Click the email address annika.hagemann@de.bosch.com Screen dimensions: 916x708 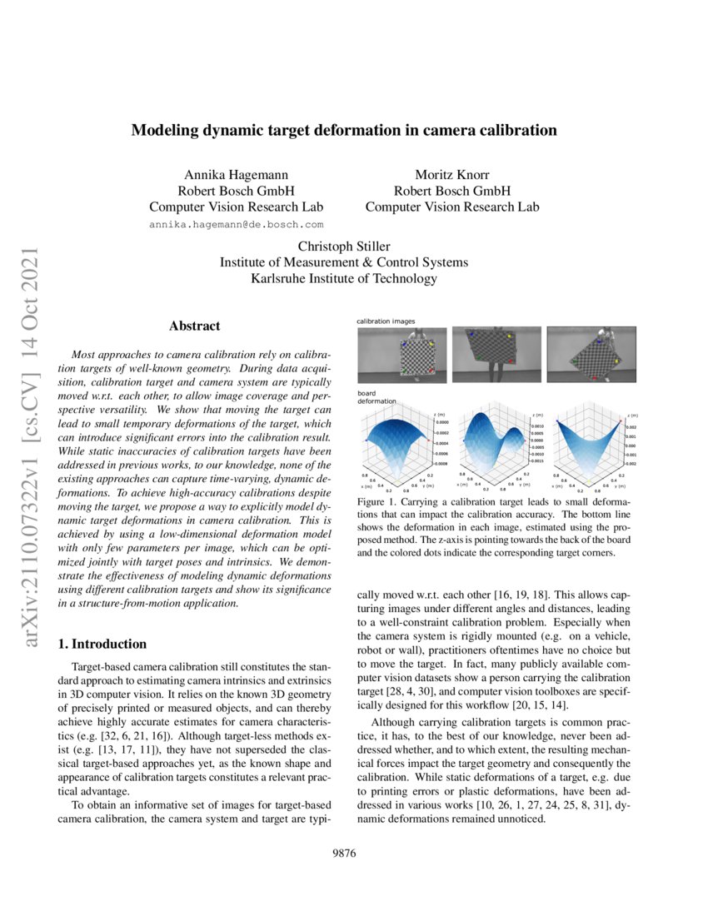coord(236,225)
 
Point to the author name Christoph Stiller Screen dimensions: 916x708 coord(343,246)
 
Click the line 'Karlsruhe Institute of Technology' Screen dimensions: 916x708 coord(343,279)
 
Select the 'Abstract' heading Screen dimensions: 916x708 coord(194,326)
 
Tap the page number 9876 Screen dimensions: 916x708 coord(343,853)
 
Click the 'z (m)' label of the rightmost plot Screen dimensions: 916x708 coord(632,414)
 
